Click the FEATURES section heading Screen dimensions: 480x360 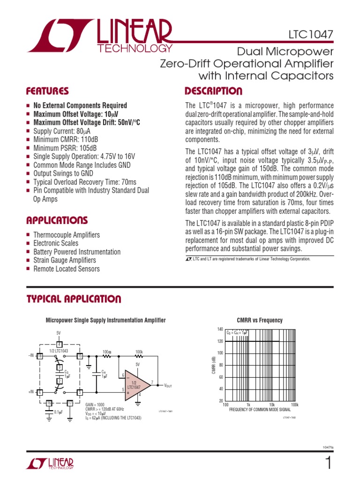click(47, 91)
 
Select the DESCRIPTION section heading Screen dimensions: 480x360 click(214, 91)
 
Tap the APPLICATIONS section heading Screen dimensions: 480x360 click(57, 220)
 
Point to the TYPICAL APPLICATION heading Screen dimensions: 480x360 click(74, 299)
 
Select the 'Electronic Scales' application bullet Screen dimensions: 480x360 click(56, 243)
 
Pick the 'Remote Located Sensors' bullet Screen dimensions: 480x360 click(66, 269)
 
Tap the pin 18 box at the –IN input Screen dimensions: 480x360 click(40, 356)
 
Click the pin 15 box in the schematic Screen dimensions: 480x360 click(80, 356)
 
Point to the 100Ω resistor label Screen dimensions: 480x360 click(106, 351)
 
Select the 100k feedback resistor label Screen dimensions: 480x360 click(139, 351)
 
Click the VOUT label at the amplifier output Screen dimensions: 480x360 click(168, 385)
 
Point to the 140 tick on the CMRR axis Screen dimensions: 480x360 click(220, 329)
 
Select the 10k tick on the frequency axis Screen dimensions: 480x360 click(271, 404)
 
